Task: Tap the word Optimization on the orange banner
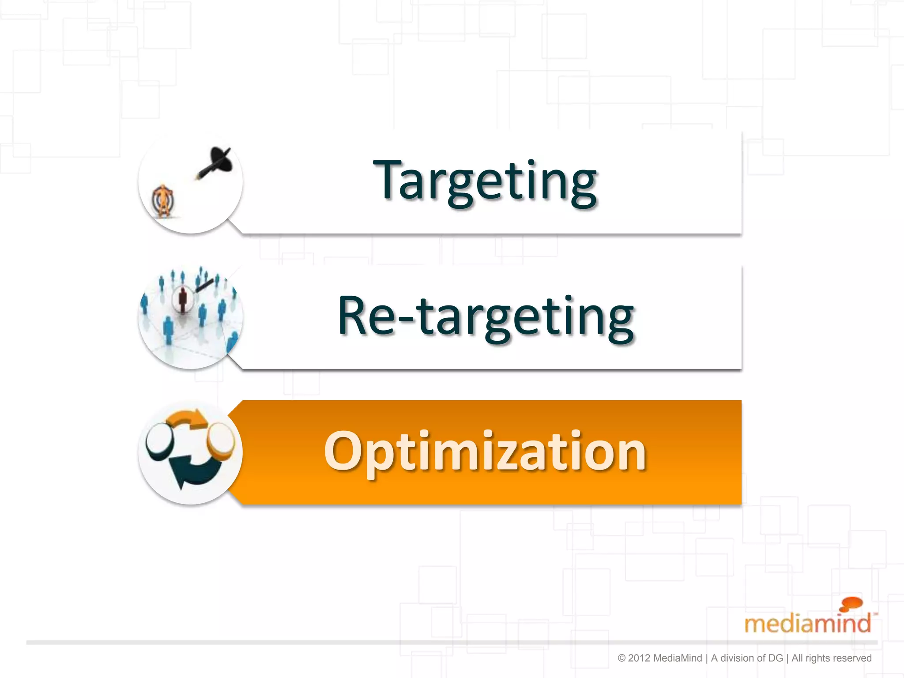[x=485, y=451]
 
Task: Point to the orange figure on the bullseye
[x=164, y=201]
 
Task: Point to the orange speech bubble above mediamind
[x=851, y=603]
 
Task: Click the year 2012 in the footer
[x=639, y=658]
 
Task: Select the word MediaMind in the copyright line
[x=677, y=658]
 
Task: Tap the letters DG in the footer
[x=776, y=658]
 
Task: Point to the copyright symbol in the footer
[x=621, y=658]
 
